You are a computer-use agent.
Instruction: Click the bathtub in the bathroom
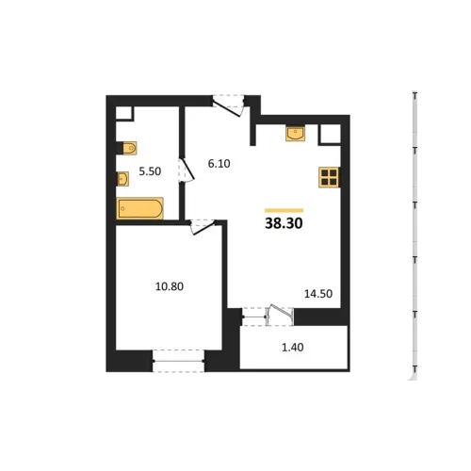(x=139, y=208)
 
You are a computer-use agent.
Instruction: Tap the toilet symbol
(x=129, y=148)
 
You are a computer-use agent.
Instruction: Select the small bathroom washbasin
(x=122, y=179)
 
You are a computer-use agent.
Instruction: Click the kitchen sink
(x=295, y=134)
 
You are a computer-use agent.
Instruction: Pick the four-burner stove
(x=329, y=177)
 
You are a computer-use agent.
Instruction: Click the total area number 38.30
(x=284, y=223)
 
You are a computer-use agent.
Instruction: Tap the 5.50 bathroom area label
(x=150, y=171)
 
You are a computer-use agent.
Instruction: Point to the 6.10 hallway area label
(x=219, y=163)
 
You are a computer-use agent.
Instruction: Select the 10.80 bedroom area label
(x=170, y=286)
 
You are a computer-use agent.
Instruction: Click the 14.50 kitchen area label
(x=318, y=294)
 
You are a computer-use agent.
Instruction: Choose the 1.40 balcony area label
(x=293, y=348)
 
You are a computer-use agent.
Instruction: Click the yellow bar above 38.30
(x=284, y=210)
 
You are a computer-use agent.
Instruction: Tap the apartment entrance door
(x=228, y=106)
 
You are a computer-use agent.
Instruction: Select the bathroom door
(x=187, y=170)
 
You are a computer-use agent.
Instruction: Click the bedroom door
(x=203, y=227)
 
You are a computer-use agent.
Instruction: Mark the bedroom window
(x=178, y=361)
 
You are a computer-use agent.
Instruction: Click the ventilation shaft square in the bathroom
(x=124, y=113)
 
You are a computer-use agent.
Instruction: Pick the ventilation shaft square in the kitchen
(x=330, y=135)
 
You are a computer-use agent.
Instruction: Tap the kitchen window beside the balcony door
(x=254, y=317)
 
